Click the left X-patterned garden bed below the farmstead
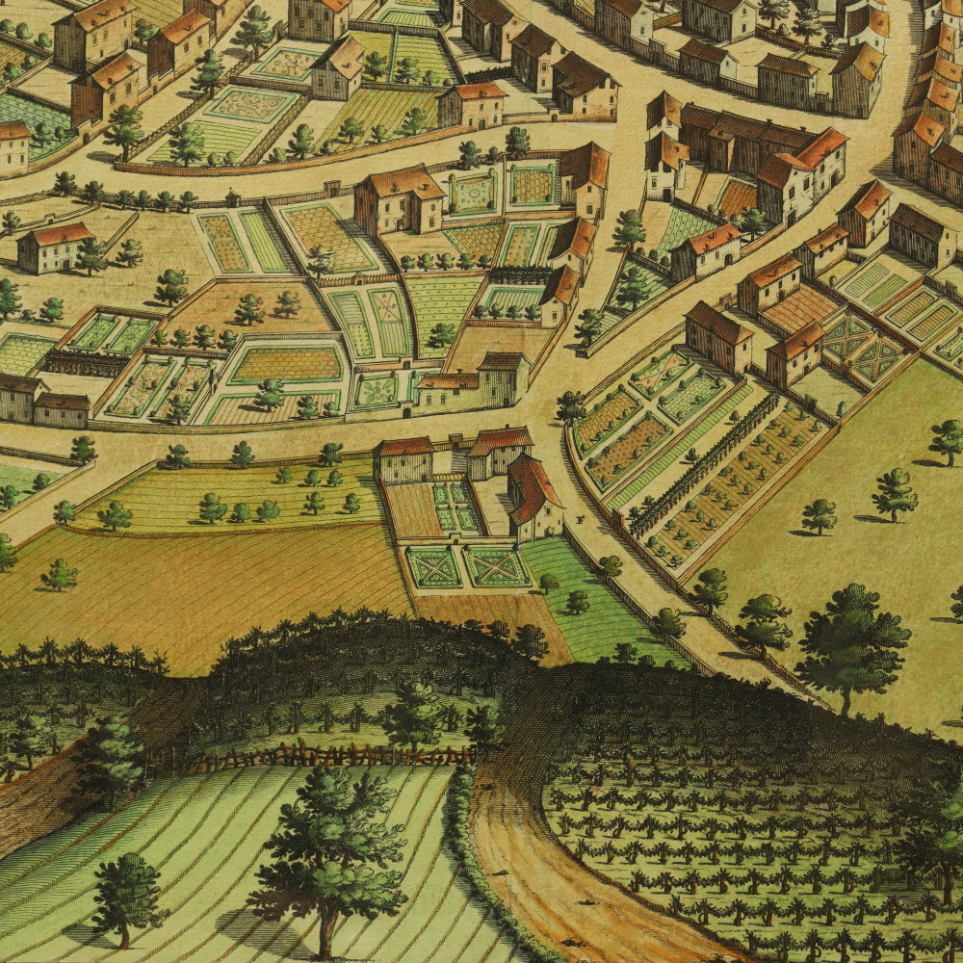(433, 566)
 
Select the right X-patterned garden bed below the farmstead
(496, 566)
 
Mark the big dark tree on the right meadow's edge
(852, 640)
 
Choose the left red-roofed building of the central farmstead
(403, 459)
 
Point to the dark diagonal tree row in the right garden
(703, 462)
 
